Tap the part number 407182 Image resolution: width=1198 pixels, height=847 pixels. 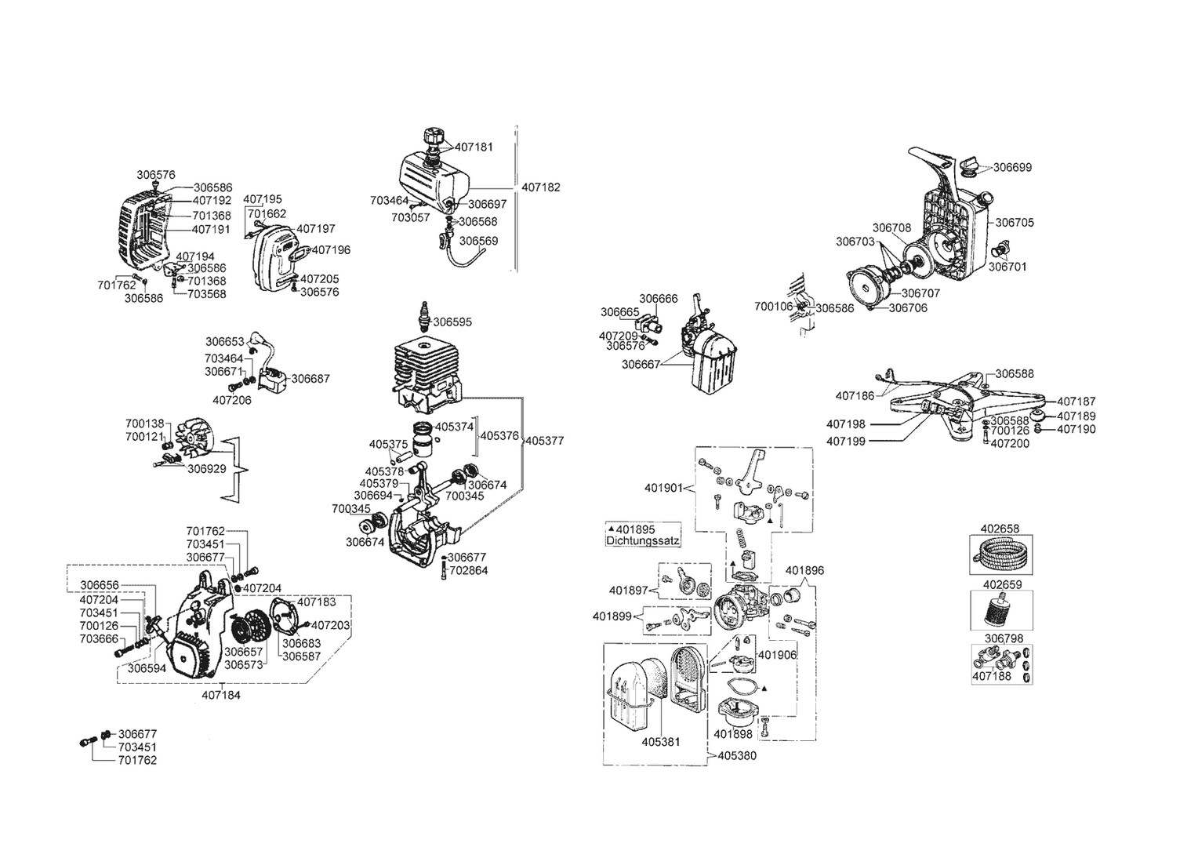(541, 188)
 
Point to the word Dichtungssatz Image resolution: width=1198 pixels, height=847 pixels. (644, 541)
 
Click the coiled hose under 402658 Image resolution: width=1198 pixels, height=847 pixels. (1001, 555)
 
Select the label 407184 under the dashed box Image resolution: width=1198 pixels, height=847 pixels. (221, 694)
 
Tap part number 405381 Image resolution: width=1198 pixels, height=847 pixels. (661, 742)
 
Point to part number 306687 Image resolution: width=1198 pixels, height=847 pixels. (310, 379)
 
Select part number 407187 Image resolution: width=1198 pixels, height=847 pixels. (1076, 402)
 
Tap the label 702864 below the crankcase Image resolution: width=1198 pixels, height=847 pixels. (468, 571)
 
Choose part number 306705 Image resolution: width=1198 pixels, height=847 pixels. (1015, 223)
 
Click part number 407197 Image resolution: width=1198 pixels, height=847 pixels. (316, 229)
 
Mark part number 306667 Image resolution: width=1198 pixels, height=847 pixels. (641, 364)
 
